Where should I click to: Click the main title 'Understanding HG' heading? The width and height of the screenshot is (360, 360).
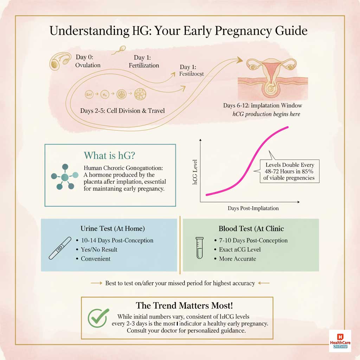(178, 31)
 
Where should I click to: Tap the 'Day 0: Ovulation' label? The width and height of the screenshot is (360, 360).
(88, 61)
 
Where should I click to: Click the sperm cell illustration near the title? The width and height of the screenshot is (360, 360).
(118, 51)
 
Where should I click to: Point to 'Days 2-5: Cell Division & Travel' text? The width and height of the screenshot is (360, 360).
(122, 111)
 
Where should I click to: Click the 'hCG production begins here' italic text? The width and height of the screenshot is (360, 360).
(266, 114)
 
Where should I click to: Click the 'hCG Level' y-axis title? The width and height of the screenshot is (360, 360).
(195, 172)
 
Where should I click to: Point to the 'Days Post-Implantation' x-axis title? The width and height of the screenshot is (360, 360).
(253, 208)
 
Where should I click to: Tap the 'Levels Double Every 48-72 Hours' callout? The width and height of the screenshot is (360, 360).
(289, 171)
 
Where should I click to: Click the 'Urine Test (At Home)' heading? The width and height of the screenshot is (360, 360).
(112, 229)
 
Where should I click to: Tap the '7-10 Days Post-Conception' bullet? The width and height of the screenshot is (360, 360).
(251, 240)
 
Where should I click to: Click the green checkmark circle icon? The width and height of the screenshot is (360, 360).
(97, 318)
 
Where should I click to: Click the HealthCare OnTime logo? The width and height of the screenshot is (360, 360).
(340, 341)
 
